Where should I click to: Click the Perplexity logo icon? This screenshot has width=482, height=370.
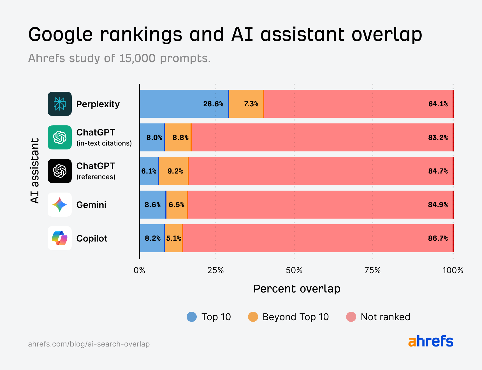point(60,104)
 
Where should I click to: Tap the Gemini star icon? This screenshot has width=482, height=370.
point(60,205)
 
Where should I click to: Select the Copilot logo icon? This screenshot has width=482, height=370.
point(60,238)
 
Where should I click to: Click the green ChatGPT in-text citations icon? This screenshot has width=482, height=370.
point(60,137)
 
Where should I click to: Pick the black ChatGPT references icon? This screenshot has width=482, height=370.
point(60,171)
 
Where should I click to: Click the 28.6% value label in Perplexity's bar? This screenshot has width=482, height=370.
point(213,104)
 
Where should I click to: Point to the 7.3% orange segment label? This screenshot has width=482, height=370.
point(251,104)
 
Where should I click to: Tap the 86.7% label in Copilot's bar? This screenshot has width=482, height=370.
point(438,238)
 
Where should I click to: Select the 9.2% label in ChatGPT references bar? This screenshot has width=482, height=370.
point(175,171)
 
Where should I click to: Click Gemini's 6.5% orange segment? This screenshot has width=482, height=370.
point(177,205)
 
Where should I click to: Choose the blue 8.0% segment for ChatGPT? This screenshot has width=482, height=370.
point(152,137)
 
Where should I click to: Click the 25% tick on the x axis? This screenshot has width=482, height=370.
point(215,270)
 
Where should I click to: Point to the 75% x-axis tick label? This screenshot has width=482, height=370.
point(372,270)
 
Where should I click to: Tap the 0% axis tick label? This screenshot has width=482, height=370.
point(140,270)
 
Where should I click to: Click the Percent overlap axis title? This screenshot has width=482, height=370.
point(296,289)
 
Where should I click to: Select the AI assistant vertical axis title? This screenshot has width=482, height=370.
point(35,171)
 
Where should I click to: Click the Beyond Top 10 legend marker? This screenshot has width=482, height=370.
point(253,317)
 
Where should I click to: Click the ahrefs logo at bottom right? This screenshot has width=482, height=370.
point(431,341)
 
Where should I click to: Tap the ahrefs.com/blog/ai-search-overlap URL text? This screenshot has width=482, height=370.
point(89,344)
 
